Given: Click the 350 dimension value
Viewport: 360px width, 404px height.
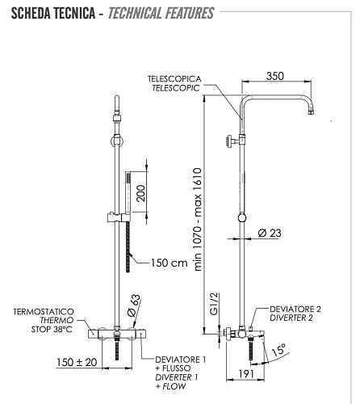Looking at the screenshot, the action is click(x=275, y=76).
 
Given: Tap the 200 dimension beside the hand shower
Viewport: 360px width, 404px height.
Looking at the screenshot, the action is click(x=140, y=193).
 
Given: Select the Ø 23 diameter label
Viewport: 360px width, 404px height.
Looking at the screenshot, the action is click(x=270, y=233).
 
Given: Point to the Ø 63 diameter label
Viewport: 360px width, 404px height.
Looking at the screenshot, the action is click(x=134, y=305).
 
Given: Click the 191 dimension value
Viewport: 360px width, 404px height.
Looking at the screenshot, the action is click(x=246, y=373).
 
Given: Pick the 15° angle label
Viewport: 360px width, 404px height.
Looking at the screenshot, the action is click(x=278, y=350).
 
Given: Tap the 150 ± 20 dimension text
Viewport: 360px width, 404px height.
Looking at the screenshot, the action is click(x=77, y=362).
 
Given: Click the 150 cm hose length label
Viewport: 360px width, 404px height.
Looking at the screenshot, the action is click(x=169, y=263).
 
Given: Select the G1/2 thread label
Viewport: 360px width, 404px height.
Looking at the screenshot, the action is click(x=214, y=304).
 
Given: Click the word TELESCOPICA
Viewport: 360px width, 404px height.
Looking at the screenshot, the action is click(x=174, y=79).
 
